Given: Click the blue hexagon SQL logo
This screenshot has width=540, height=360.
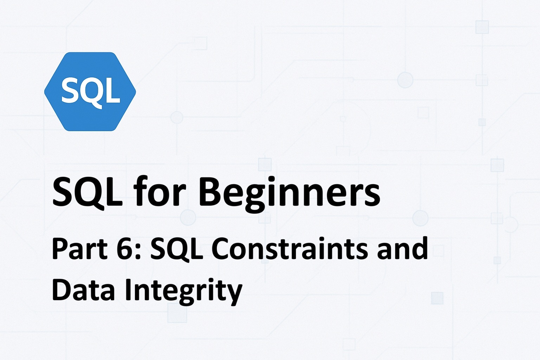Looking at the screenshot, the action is (x=90, y=92).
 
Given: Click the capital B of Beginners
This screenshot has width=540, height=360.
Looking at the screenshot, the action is (x=209, y=192).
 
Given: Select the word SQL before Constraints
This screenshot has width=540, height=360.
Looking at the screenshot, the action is (x=177, y=250).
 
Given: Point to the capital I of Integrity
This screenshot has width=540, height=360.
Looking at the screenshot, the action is (x=128, y=290).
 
